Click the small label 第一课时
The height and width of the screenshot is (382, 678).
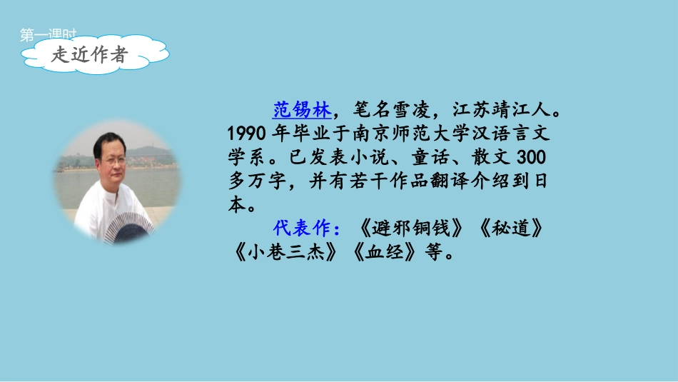[48, 33]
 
